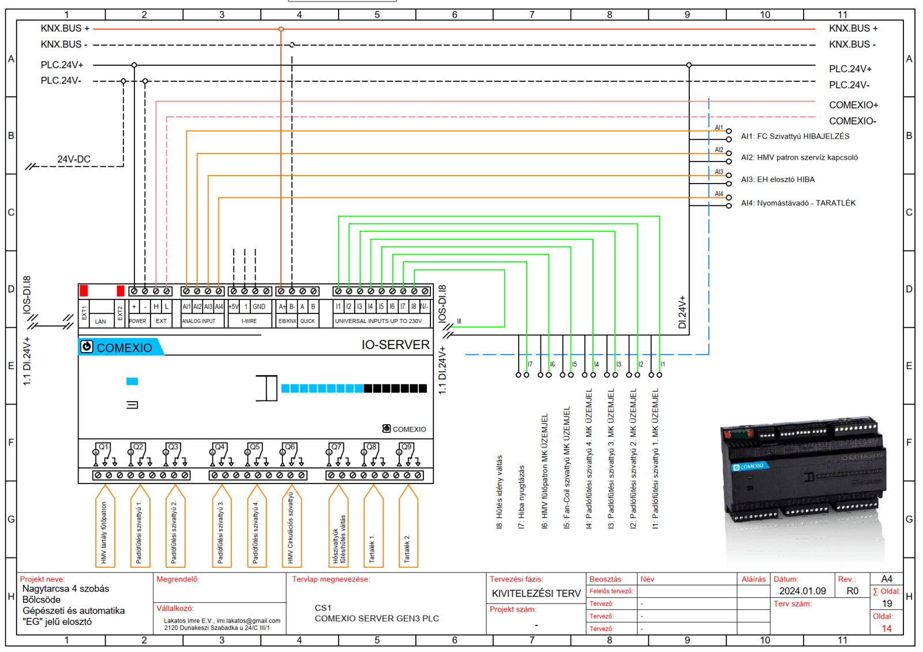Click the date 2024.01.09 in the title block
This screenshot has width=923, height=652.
pos(802,591)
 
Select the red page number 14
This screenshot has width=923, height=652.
pos(887,628)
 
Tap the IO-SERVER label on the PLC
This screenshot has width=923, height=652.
pos(395,345)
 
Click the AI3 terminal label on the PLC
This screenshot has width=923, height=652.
pos(208,306)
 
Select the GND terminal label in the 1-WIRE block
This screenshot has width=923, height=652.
pos(259,306)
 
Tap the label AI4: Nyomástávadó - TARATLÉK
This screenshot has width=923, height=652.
pos(798,203)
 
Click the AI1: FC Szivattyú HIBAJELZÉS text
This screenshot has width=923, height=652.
pos(795,137)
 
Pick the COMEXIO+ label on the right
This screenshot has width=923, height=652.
pos(853,105)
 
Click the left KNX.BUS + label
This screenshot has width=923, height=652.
pos(65,28)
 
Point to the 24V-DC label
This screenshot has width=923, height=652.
pos(74,159)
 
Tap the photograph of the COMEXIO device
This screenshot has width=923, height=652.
pos(803,473)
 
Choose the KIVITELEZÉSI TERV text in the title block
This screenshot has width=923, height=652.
pos(536,594)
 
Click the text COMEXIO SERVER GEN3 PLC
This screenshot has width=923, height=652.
pos(377,619)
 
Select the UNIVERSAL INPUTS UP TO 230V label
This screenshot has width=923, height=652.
pos(378,321)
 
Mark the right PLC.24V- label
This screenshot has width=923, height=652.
pos(849,85)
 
